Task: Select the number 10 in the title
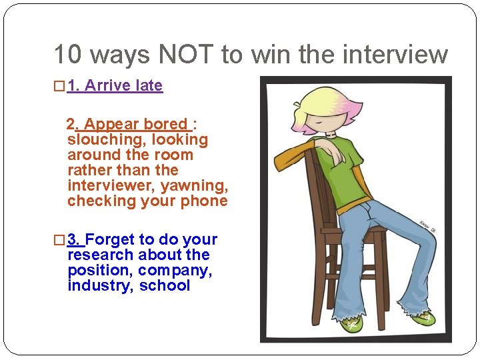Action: [67, 55]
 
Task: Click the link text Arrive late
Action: [124, 86]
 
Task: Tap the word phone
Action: [207, 201]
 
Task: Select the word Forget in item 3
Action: [110, 239]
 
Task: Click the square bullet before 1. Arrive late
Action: [59, 87]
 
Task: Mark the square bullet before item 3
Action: [59, 240]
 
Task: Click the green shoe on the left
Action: [352, 325]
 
